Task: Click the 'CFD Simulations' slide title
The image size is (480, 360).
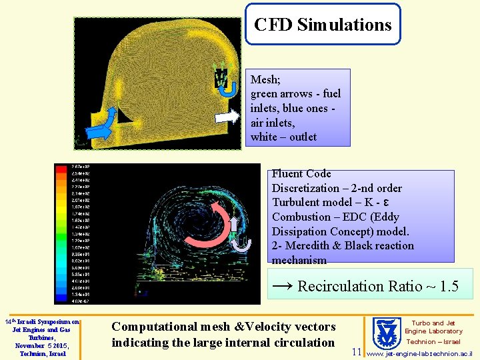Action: click(323, 25)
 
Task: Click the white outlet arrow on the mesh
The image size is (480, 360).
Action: click(227, 116)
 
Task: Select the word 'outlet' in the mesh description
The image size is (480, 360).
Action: click(300, 137)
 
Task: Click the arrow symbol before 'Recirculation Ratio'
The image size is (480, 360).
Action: click(282, 286)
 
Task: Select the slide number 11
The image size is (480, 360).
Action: click(357, 351)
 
